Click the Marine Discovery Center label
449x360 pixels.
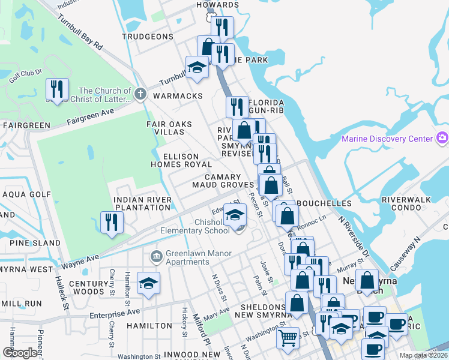tap(387, 139)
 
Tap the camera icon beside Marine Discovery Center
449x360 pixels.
tap(442, 139)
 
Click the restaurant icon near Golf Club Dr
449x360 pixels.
tap(57, 89)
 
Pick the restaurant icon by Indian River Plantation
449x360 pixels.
tap(111, 221)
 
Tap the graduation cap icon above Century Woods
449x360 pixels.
tap(148, 283)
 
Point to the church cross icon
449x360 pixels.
tap(140, 93)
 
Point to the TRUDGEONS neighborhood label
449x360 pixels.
tap(147, 37)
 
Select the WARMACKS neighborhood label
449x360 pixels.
tap(177, 96)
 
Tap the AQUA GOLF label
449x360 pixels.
tap(27, 194)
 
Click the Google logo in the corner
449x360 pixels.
tap(20, 352)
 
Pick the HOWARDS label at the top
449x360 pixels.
tap(218, 5)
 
